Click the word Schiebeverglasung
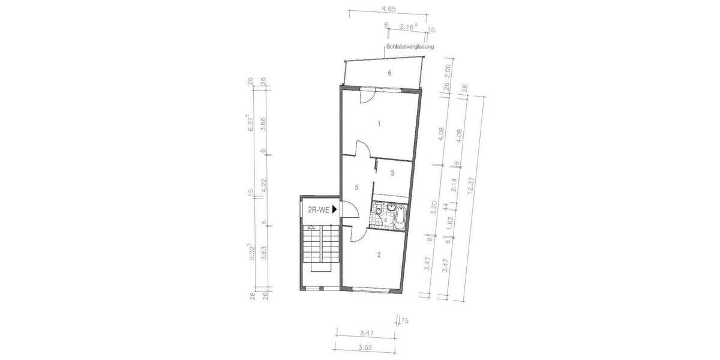410,47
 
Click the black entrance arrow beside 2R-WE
335,209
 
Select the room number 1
379,124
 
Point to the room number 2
379,254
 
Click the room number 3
392,173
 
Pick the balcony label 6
389,73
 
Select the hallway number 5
356,187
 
